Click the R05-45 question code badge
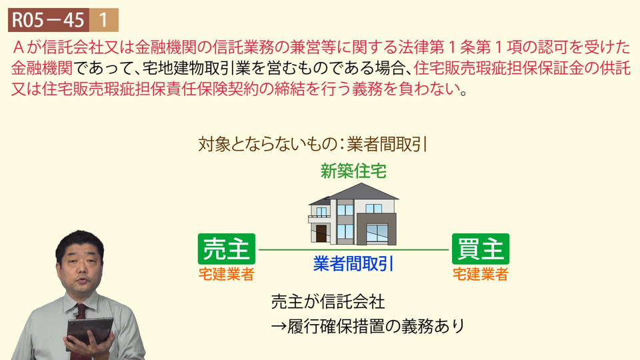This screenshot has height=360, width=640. coord(49,20)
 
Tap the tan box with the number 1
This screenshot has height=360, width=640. coord(104,20)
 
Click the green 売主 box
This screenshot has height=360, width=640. coord(227,249)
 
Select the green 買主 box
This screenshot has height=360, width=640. coord(481,249)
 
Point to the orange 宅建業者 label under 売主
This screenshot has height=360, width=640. coord(227,274)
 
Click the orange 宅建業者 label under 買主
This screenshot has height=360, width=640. coord(481,274)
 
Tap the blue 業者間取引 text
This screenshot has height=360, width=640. coord(353,264)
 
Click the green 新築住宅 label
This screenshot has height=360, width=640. coord(353,171)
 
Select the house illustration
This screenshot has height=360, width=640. coord(353,214)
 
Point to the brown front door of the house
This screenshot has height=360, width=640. coord(321,233)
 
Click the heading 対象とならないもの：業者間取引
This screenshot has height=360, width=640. coord(313,144)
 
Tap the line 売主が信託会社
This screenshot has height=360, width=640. coord(328,302)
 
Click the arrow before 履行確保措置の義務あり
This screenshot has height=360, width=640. coord(279,327)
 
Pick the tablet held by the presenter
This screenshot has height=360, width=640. coord(89,332)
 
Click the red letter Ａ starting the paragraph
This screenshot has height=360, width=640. coord(19,48)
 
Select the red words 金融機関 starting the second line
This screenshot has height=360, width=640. coord(42,68)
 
